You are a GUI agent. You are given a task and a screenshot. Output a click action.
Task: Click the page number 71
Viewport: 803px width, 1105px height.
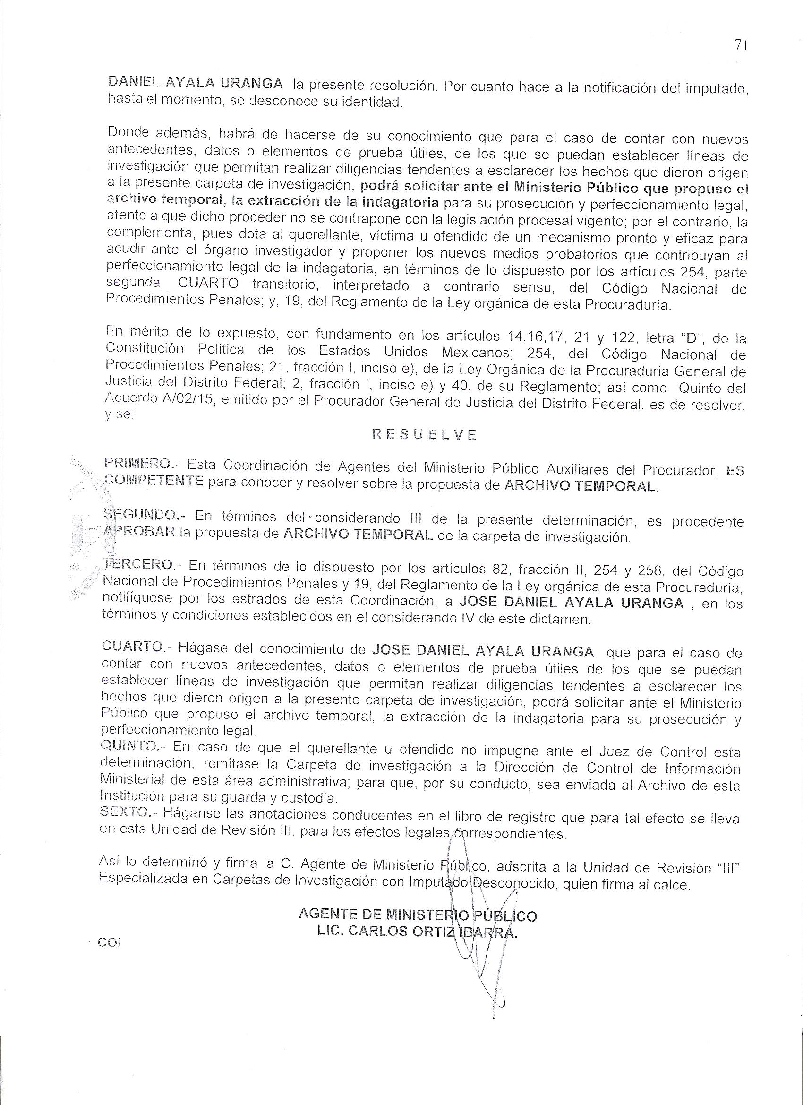741,45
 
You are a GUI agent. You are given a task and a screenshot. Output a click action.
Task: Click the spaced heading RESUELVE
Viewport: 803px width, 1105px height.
424,435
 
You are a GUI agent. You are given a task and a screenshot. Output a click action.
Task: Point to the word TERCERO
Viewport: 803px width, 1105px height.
138,565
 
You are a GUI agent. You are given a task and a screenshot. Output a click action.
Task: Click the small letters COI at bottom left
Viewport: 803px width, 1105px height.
109,942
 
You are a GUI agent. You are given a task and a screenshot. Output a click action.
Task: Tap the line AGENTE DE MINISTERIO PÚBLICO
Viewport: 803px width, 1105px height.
418,915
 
